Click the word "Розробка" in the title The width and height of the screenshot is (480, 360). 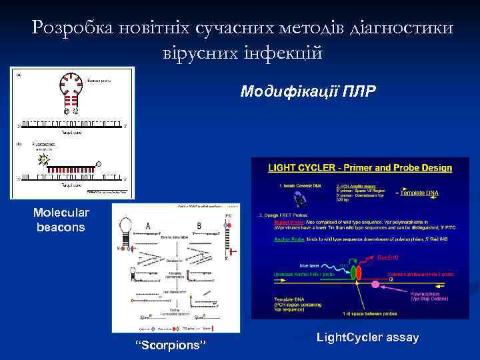click(x=71, y=27)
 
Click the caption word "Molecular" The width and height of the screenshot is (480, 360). click(x=61, y=213)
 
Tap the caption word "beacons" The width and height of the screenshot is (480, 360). click(x=61, y=227)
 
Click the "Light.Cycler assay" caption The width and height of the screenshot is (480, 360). click(x=367, y=337)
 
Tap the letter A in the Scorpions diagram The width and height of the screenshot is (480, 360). click(x=147, y=227)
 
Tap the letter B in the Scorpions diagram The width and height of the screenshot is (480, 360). click(x=199, y=227)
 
